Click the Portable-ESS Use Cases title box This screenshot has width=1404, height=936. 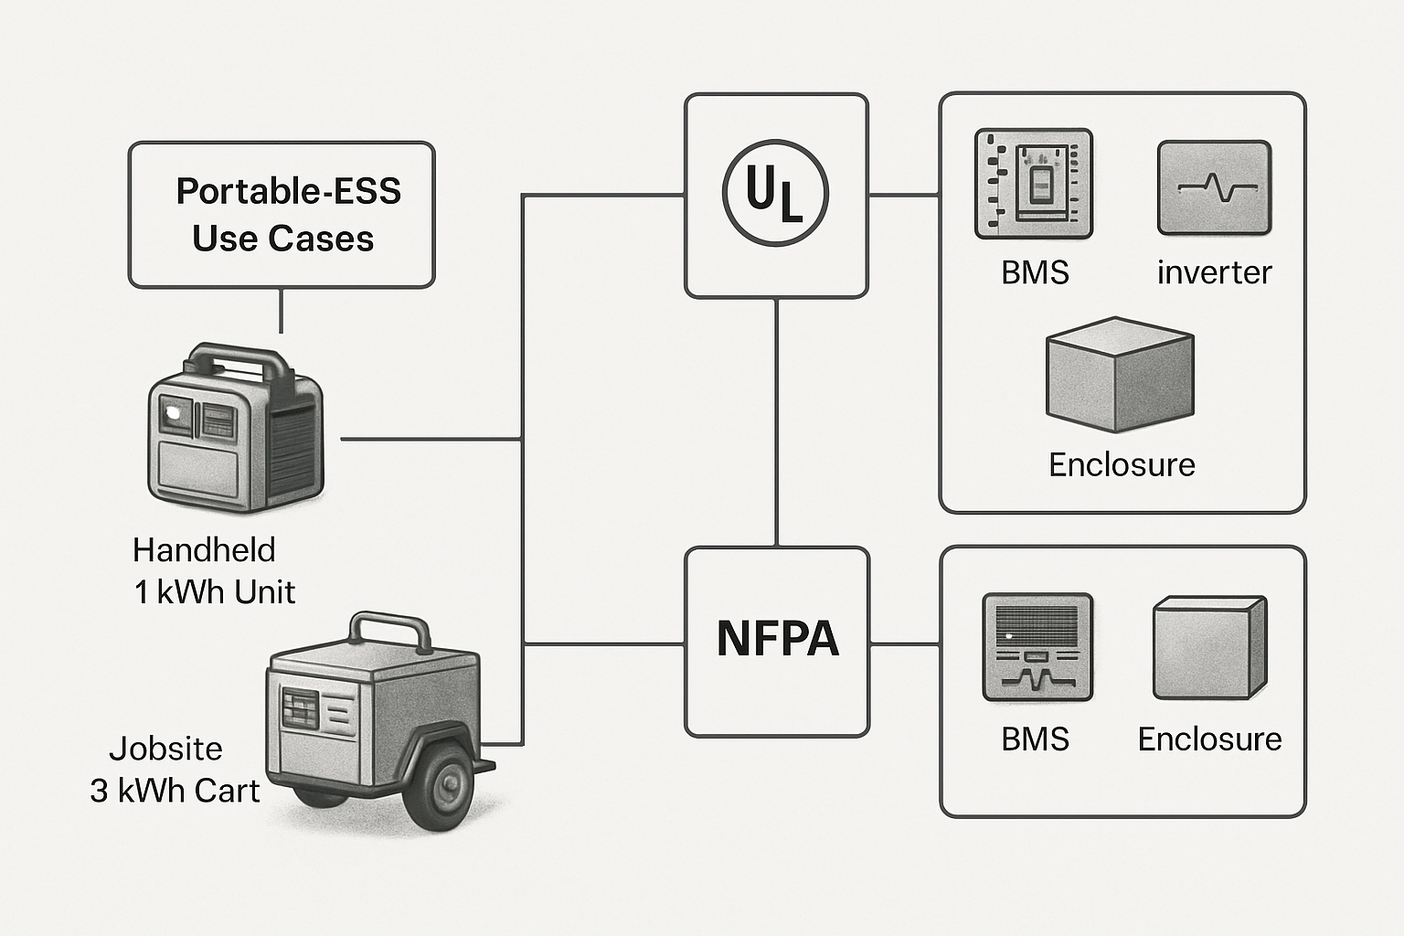(x=282, y=215)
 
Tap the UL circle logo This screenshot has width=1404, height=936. (x=775, y=194)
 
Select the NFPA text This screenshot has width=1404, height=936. (x=777, y=639)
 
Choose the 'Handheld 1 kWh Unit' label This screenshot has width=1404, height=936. (x=213, y=570)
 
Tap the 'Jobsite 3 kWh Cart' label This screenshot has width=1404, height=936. (x=174, y=770)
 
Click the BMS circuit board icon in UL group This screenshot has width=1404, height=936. (x=1034, y=184)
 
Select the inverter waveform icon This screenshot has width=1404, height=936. (x=1214, y=187)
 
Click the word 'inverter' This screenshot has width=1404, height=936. (x=1214, y=272)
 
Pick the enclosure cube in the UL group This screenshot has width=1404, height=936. (x=1120, y=375)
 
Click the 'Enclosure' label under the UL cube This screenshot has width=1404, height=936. (x=1122, y=464)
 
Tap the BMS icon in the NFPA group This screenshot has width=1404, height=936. (x=1037, y=647)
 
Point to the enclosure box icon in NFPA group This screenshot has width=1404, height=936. (x=1209, y=648)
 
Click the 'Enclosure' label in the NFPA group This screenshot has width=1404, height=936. (x=1209, y=739)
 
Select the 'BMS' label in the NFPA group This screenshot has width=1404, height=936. (x=1035, y=739)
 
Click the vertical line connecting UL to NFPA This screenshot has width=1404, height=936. (x=776, y=420)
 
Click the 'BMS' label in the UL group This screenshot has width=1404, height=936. (x=1035, y=272)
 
